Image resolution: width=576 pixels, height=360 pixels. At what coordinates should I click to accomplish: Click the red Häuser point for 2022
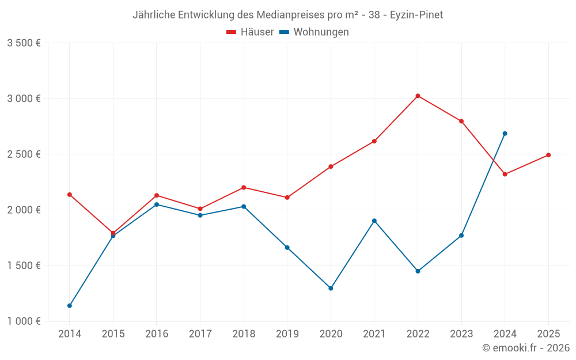(x=418, y=96)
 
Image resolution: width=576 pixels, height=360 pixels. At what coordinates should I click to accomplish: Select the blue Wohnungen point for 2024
(x=505, y=134)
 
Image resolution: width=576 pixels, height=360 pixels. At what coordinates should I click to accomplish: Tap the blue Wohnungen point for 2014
(x=70, y=306)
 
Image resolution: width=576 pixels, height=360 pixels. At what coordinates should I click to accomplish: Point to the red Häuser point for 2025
(x=548, y=155)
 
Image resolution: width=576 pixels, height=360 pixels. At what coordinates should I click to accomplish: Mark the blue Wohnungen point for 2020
(x=331, y=288)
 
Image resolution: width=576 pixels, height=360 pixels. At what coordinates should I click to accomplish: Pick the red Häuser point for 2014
(x=70, y=195)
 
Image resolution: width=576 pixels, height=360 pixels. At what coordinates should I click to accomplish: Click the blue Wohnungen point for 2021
(x=374, y=221)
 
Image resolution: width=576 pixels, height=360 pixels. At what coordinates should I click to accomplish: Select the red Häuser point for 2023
(x=461, y=122)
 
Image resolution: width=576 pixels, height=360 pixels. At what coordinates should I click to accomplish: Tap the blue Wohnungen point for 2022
(x=418, y=271)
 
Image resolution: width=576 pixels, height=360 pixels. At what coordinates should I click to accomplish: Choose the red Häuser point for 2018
(x=244, y=187)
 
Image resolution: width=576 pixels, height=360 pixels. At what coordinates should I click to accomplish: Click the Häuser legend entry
(x=251, y=32)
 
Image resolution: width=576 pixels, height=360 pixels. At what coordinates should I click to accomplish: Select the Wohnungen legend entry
(x=314, y=32)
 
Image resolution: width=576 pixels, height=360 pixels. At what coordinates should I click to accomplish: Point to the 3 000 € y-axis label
(x=24, y=98)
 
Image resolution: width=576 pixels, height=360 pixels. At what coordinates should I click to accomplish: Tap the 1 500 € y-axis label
(x=24, y=266)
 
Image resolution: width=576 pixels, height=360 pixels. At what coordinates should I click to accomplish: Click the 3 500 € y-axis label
(x=24, y=43)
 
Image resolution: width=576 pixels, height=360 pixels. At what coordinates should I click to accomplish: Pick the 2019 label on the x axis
(x=287, y=334)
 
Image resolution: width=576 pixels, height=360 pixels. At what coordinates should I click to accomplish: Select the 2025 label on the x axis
(x=548, y=334)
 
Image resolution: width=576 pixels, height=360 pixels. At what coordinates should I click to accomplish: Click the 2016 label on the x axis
(x=157, y=334)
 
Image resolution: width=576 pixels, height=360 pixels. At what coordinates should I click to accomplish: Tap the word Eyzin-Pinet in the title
(x=416, y=15)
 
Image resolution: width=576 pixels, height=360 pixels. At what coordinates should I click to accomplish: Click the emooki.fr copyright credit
(x=526, y=348)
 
